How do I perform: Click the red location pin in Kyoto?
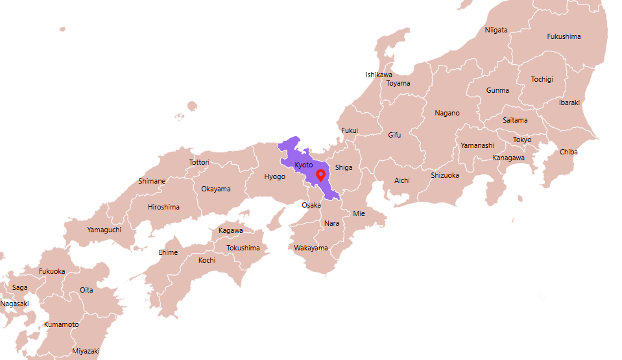pyautogui.click(x=320, y=175)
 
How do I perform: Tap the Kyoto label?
pyautogui.click(x=304, y=165)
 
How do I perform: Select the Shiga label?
pyautogui.click(x=344, y=167)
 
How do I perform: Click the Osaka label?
pyautogui.click(x=311, y=205)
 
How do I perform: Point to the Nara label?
pyautogui.click(x=331, y=223)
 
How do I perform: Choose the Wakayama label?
pyautogui.click(x=311, y=248)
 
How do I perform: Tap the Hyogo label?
pyautogui.click(x=274, y=176)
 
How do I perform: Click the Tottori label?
pyautogui.click(x=199, y=162)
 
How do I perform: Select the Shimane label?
pyautogui.click(x=152, y=181)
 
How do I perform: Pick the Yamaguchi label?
pyautogui.click(x=104, y=230)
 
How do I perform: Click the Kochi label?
pyautogui.click(x=207, y=260)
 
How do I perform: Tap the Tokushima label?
pyautogui.click(x=243, y=248)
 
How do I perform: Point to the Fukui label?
pyautogui.click(x=350, y=130)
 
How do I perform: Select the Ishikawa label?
pyautogui.click(x=379, y=75)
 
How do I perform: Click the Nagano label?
pyautogui.click(x=447, y=113)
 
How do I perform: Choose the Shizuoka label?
pyautogui.click(x=445, y=175)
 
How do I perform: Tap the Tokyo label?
pyautogui.click(x=522, y=139)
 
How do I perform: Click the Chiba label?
pyautogui.click(x=569, y=152)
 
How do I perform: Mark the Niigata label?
pyautogui.click(x=496, y=30)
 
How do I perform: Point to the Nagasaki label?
pyautogui.click(x=14, y=304)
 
